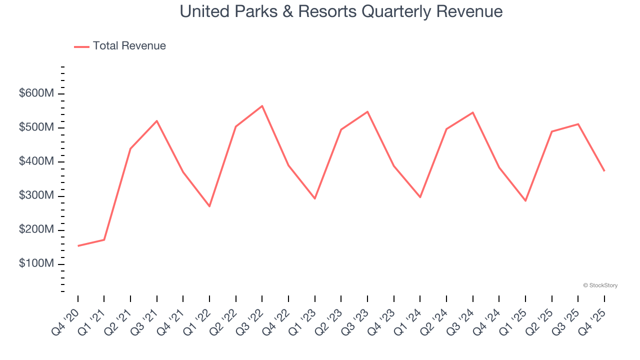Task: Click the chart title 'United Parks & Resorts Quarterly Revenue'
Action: [341, 11]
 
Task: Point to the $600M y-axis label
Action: [36, 94]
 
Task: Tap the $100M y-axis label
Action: [36, 264]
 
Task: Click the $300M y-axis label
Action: [36, 196]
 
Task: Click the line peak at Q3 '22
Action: [262, 106]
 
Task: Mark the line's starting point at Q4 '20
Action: [78, 246]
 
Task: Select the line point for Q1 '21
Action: [104, 240]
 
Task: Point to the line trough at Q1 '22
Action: [209, 206]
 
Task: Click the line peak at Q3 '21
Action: [157, 121]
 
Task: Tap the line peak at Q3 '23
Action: [367, 111]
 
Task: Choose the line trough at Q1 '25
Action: [525, 201]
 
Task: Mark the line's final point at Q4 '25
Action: [604, 171]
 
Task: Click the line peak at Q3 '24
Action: [472, 112]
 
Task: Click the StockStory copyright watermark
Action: [600, 285]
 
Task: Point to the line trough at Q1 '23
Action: [315, 198]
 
